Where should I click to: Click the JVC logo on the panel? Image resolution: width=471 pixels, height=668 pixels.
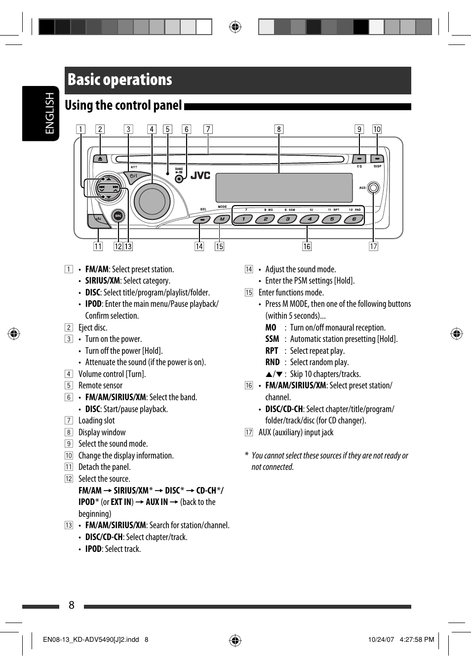click(200, 175)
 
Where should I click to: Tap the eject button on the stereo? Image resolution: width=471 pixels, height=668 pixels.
click(100, 159)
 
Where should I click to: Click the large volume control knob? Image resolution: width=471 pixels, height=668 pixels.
click(152, 201)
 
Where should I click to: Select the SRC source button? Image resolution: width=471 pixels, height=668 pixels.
click(118, 215)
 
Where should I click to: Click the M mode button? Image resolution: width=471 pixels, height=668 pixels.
click(222, 219)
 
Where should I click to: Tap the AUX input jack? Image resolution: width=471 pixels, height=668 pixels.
click(374, 188)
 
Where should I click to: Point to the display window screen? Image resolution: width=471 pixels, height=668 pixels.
click(284, 188)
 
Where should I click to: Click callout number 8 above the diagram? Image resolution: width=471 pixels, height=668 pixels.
click(279, 129)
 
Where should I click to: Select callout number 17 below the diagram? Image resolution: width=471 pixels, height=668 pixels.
click(374, 246)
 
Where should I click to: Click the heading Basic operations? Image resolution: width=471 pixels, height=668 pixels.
click(120, 80)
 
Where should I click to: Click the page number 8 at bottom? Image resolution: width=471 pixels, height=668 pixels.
click(72, 605)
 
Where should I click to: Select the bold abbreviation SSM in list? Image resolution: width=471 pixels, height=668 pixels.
click(272, 339)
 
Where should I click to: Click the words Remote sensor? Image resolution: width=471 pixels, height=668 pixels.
click(100, 385)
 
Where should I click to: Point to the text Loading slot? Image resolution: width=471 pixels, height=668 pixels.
click(96, 420)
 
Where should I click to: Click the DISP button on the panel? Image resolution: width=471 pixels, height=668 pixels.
click(377, 159)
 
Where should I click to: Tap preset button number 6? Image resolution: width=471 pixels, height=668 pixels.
click(354, 219)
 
